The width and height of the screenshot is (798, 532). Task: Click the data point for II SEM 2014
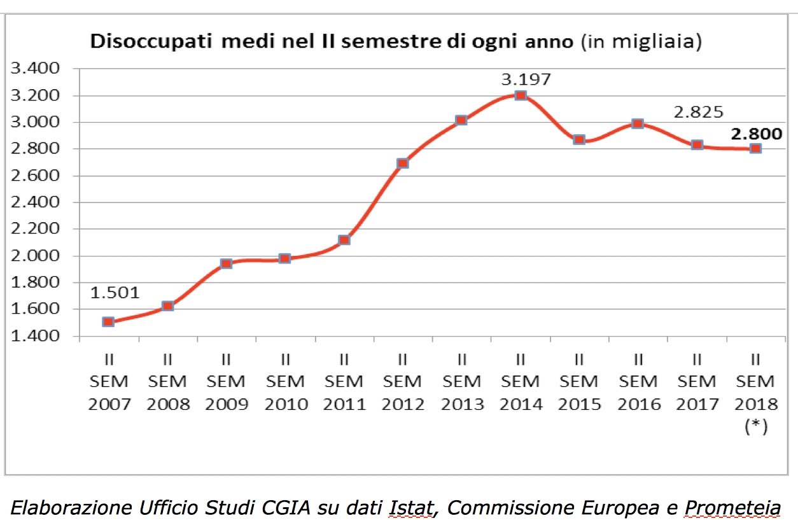(520, 95)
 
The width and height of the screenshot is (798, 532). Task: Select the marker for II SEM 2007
(108, 322)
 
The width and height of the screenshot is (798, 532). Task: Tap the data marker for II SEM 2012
(402, 163)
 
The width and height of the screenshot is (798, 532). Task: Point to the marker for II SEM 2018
(755, 148)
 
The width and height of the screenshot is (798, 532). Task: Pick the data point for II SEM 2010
(284, 258)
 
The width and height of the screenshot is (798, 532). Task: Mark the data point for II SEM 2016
(638, 123)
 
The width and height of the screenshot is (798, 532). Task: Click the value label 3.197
(526, 80)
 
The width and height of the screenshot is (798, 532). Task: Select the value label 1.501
(115, 293)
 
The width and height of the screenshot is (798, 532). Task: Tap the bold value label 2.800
(756, 134)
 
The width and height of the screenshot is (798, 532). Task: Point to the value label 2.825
(699, 112)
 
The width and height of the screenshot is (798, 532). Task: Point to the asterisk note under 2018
(755, 427)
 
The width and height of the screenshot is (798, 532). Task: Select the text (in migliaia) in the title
(641, 43)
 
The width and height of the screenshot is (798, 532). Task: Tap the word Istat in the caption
(410, 509)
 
